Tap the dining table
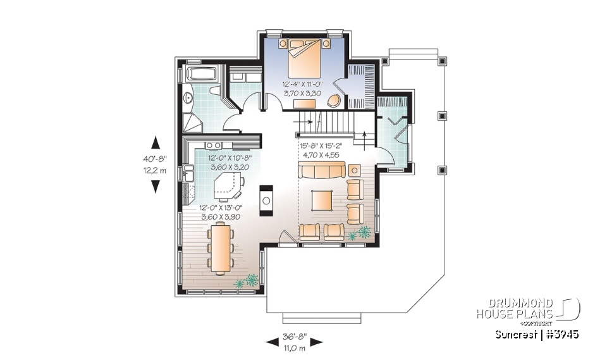click(220, 249)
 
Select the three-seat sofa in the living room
click(322, 170)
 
